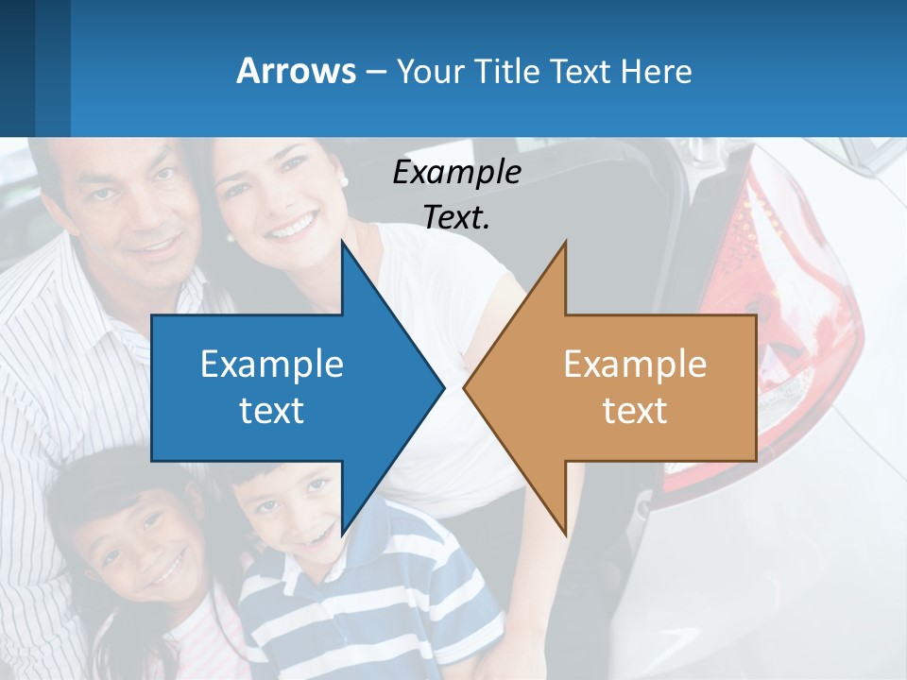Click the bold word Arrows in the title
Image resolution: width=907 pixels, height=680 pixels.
click(297, 72)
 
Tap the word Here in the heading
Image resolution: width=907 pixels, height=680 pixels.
click(657, 72)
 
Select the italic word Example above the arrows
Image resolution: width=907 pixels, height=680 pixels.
click(456, 173)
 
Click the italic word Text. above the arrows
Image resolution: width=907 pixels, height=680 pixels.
click(456, 216)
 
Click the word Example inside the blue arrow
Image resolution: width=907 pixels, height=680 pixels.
click(272, 365)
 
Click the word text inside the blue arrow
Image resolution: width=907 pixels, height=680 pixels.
click(272, 410)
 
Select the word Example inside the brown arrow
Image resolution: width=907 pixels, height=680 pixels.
click(635, 365)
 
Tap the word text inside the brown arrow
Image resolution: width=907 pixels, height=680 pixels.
click(635, 410)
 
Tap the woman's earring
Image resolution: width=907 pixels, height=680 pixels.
click(344, 180)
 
